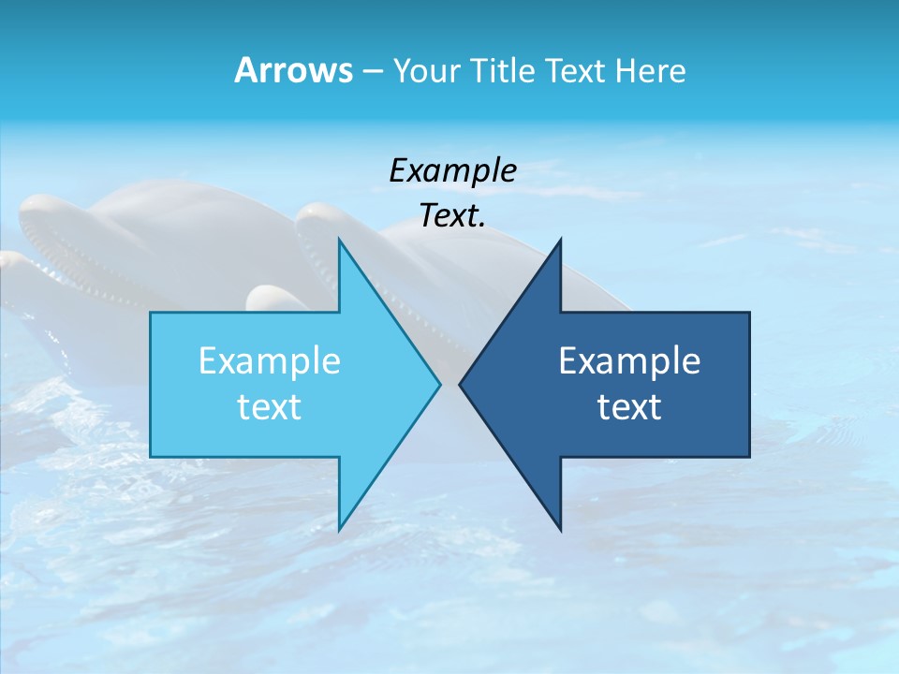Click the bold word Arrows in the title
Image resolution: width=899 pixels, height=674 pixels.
coord(293,70)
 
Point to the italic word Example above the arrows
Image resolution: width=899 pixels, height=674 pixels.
coord(452,171)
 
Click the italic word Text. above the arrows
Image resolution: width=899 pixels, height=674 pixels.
coord(452,216)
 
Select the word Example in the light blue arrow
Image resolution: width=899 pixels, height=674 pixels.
coord(270,360)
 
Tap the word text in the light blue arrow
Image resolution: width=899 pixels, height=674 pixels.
coord(270,406)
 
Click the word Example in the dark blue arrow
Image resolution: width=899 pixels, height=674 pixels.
coord(629,360)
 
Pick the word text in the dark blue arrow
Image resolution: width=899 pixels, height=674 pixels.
coord(629,406)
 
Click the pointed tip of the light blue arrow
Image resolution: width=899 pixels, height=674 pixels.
coord(438,384)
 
